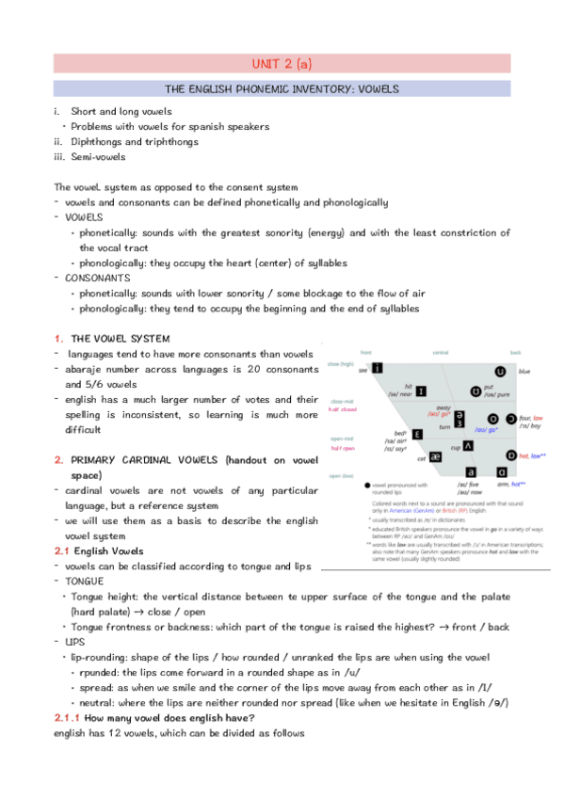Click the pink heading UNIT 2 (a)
point(281,63)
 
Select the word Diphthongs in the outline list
point(96,142)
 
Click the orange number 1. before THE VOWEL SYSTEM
point(58,338)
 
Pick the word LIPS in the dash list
point(73,642)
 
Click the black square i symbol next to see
point(377,368)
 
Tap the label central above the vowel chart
point(441,352)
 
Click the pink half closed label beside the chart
point(343,410)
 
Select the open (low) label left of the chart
point(342,476)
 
